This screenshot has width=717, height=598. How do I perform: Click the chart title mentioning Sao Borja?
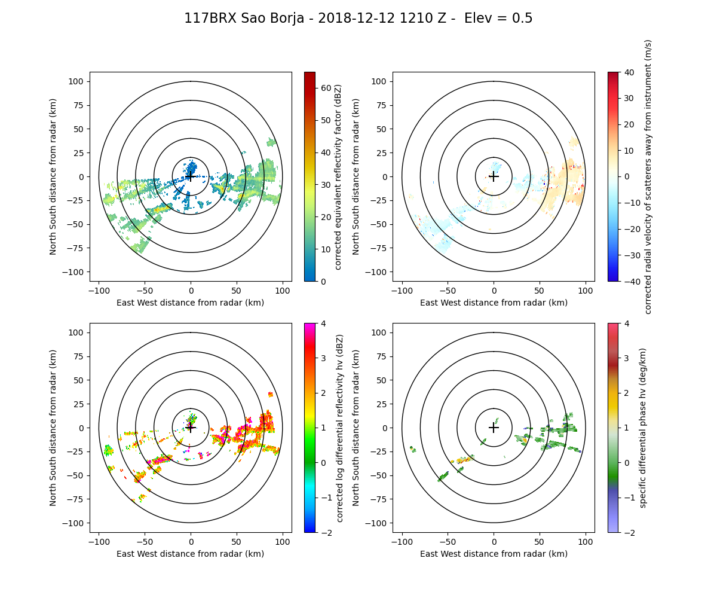click(x=358, y=19)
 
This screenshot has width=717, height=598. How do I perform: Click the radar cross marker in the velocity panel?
click(x=494, y=176)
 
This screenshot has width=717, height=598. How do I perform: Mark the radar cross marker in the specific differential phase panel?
click(x=494, y=428)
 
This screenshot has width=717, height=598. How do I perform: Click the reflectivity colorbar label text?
click(x=339, y=176)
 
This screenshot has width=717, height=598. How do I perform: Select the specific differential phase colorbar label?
click(x=643, y=428)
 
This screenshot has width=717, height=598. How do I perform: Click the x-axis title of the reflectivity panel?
click(x=191, y=303)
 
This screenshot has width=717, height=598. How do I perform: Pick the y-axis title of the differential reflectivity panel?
click(x=53, y=428)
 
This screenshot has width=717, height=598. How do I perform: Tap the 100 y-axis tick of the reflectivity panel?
click(x=78, y=81)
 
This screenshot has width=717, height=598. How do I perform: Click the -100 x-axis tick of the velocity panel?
click(x=402, y=290)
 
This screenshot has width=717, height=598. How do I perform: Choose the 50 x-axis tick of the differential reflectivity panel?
click(x=237, y=541)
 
